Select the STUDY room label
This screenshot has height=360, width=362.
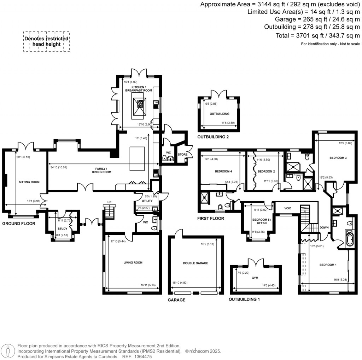pos(62,228)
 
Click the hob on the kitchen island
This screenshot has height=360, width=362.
pos(140,104)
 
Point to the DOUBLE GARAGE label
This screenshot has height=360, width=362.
pos(195,263)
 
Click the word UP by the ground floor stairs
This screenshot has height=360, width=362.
pos(110,202)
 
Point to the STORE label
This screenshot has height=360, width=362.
pos(183,155)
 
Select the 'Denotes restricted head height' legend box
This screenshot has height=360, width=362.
pos(46,42)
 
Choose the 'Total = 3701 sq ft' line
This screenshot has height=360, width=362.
pos(318,35)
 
